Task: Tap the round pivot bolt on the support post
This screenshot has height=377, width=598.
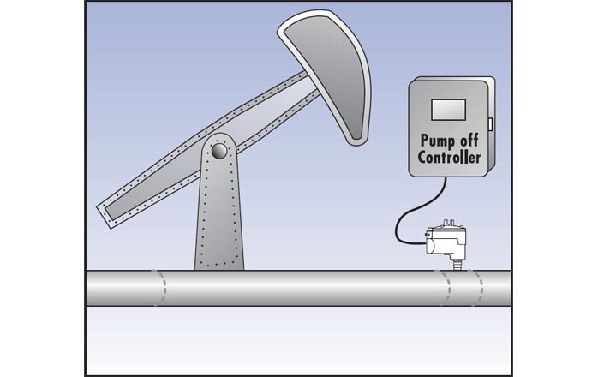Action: pos(219,152)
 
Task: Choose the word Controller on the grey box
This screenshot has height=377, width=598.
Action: pos(450,159)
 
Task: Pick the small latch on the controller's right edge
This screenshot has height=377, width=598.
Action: pos(492,124)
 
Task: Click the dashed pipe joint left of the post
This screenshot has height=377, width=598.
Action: pos(158,290)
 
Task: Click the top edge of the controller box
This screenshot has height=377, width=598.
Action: pos(450,79)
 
